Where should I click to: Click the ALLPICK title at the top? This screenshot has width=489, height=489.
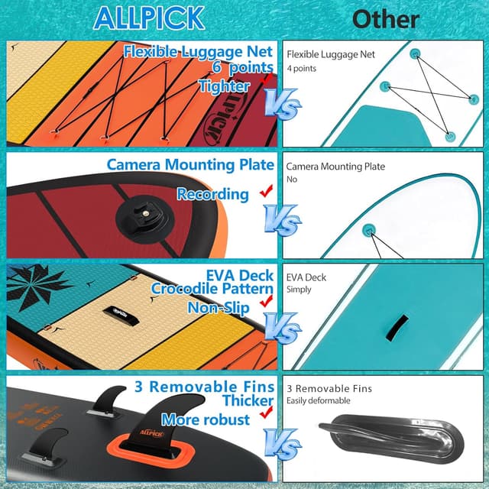148,17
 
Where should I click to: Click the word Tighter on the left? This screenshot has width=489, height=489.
223,86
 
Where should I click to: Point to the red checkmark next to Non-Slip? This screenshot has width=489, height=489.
267,303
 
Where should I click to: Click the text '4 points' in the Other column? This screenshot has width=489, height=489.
303,69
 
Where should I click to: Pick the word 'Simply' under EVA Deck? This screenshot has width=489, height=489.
300,290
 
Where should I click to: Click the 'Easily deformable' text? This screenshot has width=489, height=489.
318,400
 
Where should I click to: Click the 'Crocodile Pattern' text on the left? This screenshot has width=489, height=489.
212,289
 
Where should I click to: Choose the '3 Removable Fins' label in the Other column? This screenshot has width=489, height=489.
329,388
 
